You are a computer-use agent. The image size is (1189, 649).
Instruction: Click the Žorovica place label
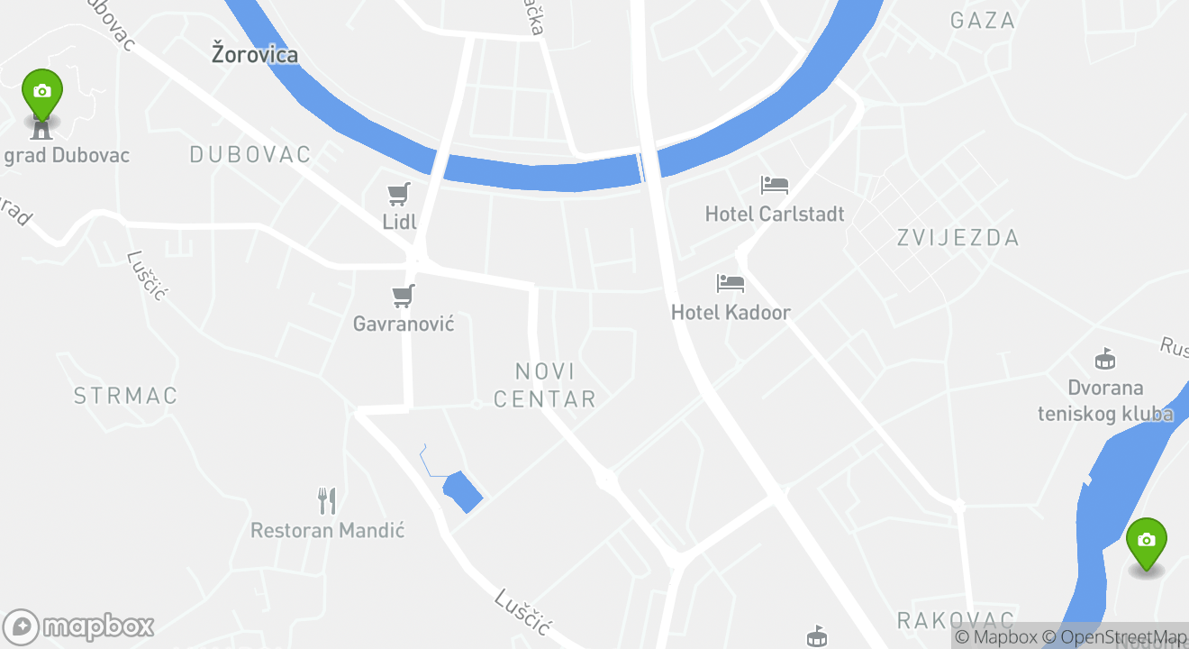coord(255,54)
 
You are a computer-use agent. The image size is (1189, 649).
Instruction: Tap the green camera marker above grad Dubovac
coord(41,92)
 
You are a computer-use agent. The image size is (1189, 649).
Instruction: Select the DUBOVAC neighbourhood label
coord(250,155)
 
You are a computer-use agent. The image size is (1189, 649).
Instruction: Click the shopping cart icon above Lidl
coord(399,194)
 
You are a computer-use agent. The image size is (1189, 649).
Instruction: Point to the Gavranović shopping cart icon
coord(404,296)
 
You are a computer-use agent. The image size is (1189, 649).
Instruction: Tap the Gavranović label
coord(404,323)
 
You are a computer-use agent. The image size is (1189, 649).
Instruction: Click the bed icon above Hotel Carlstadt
coord(775,186)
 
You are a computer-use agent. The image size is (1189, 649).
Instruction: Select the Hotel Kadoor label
coord(731,313)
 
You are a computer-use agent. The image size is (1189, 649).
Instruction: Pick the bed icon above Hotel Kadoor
coord(731,284)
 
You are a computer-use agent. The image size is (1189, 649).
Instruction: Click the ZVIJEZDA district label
coord(958,238)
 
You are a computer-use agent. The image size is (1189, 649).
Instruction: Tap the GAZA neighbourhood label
coord(983,21)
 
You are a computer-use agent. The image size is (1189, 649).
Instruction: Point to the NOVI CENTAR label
coord(545,385)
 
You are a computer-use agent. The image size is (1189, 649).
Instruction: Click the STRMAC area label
coord(126,396)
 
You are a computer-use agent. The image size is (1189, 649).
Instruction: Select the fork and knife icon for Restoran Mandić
coord(327,501)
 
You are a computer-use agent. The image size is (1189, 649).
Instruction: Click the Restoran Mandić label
coord(327,530)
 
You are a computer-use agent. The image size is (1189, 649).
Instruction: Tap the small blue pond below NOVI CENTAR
coord(463,492)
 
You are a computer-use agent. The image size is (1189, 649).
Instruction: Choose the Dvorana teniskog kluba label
coord(1105,401)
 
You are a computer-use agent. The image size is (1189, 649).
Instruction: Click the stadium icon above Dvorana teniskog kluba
coord(1105,360)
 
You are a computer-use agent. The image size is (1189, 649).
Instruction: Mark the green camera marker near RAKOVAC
coord(1146,541)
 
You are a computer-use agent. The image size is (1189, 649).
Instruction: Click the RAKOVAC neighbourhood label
coord(956,620)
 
